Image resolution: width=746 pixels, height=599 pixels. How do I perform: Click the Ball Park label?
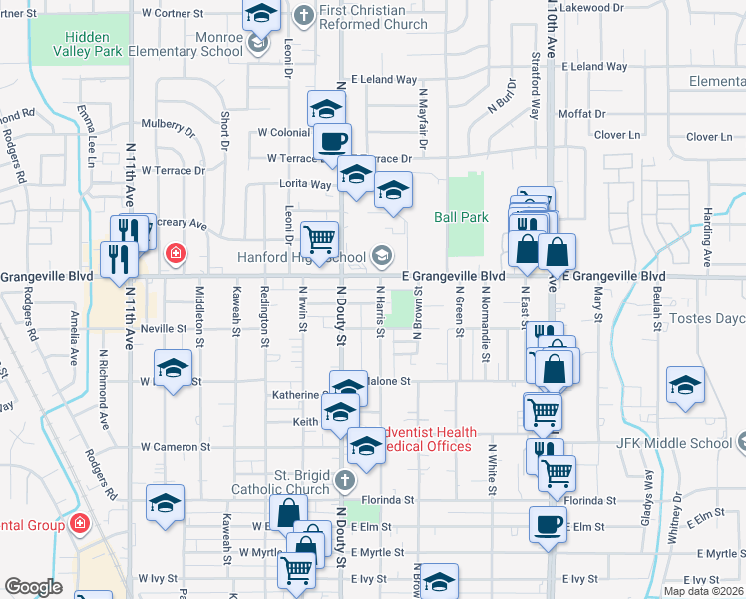(461, 216)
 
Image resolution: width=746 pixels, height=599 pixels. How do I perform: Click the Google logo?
(33, 587)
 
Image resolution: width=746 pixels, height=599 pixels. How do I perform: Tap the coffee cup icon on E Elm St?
(548, 523)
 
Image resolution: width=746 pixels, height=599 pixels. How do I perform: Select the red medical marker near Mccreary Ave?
(176, 254)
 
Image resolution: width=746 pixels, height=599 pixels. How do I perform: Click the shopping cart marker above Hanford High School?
(319, 239)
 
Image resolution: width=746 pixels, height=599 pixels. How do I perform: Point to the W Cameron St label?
(176, 447)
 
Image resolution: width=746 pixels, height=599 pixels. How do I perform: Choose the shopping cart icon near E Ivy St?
(297, 570)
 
